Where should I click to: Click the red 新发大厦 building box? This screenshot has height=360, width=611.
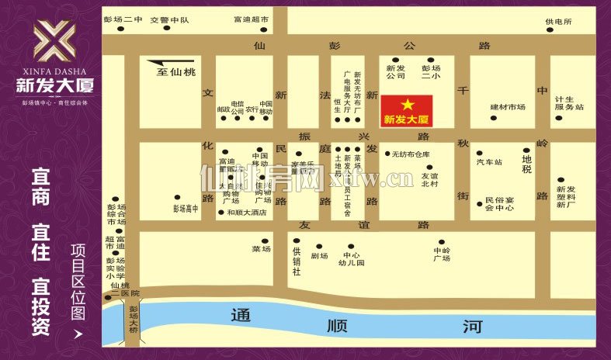tap(406, 111)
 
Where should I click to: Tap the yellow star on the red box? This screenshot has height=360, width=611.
tap(406, 104)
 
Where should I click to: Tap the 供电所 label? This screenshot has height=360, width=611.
tap(558, 22)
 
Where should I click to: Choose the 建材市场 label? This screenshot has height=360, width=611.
tap(508, 107)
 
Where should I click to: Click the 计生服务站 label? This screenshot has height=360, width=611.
tap(569, 103)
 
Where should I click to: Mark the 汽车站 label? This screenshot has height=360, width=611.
tap(489, 162)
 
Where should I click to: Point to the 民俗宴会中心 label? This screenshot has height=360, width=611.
tap(500, 203)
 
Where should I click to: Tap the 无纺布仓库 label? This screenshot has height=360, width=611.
tap(411, 154)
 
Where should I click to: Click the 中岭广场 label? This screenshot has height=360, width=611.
tap(442, 254)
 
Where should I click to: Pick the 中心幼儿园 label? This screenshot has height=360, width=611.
tap(352, 259)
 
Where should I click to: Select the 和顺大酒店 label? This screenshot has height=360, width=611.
tap(247, 212)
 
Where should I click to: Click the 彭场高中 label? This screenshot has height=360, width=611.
tap(186, 208)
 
